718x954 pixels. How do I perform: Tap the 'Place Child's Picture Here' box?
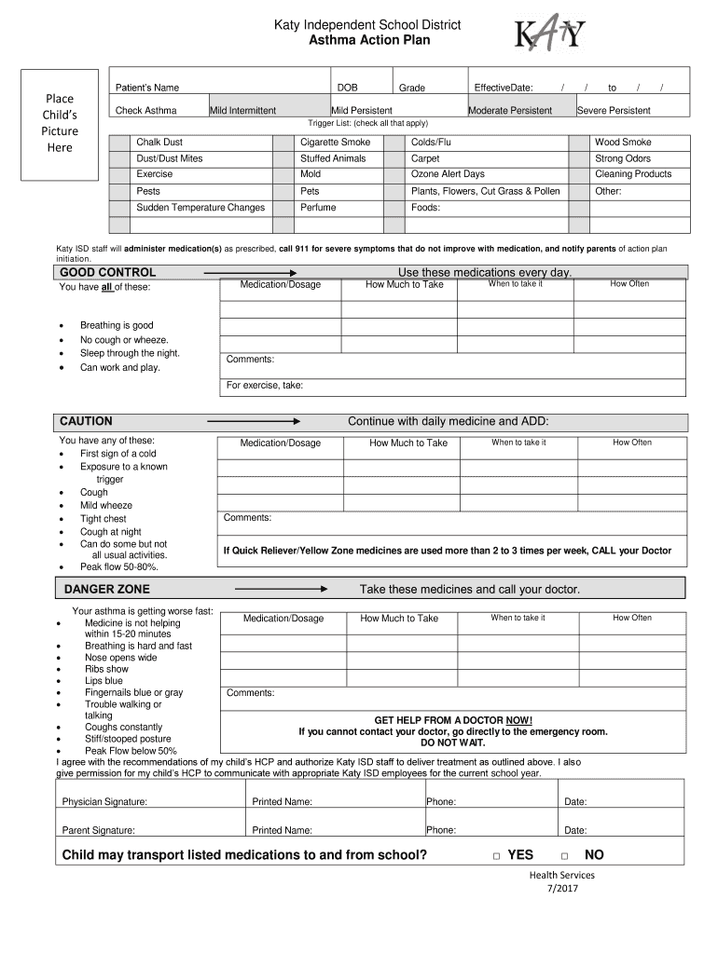(60, 123)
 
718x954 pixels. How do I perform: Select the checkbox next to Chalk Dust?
(119, 143)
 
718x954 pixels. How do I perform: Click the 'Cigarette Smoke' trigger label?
(335, 143)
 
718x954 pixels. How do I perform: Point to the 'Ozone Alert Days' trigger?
(448, 174)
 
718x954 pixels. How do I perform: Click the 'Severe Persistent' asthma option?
(614, 111)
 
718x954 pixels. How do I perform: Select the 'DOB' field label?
(347, 88)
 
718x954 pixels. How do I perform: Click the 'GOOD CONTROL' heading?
(107, 272)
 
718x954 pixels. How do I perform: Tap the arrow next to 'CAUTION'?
(253, 421)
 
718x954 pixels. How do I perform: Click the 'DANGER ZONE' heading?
(106, 589)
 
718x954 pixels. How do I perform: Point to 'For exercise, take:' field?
(265, 386)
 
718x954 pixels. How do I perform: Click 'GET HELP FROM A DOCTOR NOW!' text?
(453, 720)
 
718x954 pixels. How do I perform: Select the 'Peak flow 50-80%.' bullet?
(118, 566)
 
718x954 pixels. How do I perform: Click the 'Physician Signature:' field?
(104, 801)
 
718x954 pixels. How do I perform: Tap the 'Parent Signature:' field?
(98, 830)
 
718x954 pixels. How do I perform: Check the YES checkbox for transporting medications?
(497, 856)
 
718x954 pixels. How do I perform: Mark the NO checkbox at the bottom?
(565, 856)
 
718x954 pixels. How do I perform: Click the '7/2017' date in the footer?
(562, 890)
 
